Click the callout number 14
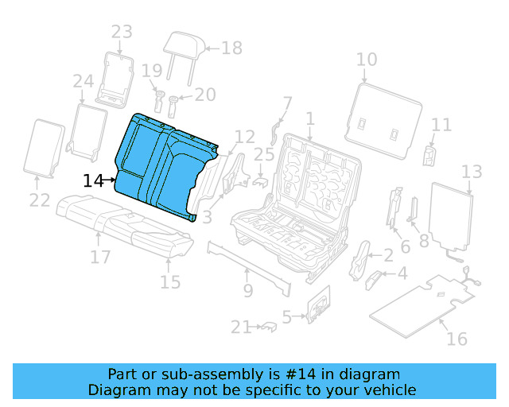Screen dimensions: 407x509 [93, 181]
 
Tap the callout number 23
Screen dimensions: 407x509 [122, 33]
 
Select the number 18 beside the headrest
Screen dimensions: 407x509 [231, 48]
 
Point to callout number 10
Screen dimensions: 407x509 [367, 60]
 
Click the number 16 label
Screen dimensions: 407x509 [457, 339]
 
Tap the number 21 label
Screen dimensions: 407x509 [241, 327]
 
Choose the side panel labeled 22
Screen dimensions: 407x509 [45, 147]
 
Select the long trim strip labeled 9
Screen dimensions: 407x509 [247, 262]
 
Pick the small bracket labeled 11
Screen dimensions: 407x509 [429, 154]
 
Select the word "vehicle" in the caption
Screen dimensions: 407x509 [389, 390]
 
